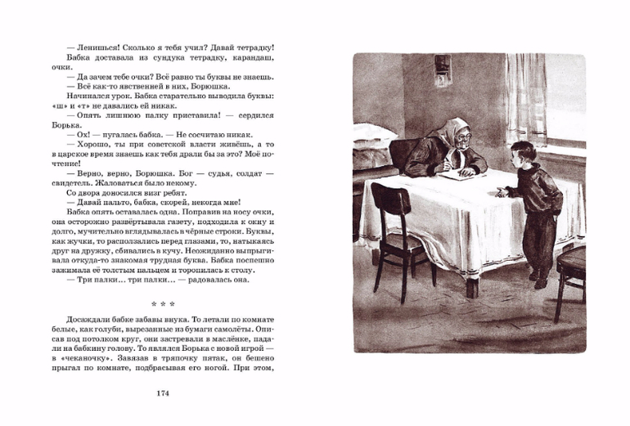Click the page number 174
(x=162, y=393)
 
